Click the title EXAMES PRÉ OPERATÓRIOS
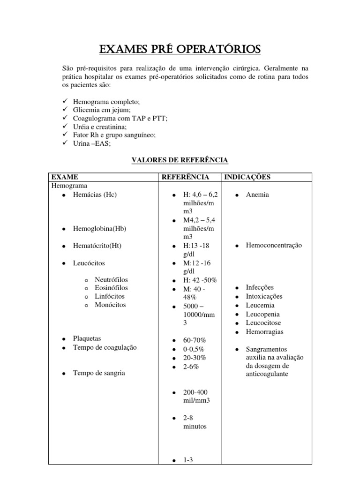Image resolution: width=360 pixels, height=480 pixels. (x=180, y=49)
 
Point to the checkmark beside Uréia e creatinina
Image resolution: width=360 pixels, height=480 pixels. (x=65, y=127)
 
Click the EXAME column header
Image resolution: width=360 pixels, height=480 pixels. (x=64, y=177)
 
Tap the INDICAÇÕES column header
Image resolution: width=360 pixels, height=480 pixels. (x=247, y=177)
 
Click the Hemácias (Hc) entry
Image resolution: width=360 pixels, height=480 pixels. (x=95, y=195)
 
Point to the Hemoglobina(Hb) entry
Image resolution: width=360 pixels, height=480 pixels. (x=100, y=228)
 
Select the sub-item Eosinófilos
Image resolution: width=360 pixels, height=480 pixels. (x=111, y=288)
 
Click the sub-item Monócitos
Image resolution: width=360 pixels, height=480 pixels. (x=110, y=305)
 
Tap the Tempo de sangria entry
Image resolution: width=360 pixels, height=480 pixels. (x=99, y=373)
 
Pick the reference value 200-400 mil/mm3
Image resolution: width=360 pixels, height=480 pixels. (x=196, y=396)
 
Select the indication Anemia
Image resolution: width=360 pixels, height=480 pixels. (x=257, y=195)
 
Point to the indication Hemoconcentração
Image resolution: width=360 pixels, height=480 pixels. (x=274, y=245)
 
